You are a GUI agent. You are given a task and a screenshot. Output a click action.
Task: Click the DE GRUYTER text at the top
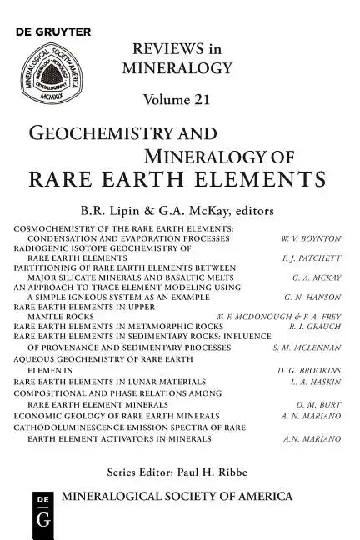(x=52, y=32)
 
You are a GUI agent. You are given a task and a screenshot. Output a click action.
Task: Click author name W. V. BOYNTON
(x=311, y=237)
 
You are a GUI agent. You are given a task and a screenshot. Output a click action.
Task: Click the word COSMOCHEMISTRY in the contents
(x=62, y=227)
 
